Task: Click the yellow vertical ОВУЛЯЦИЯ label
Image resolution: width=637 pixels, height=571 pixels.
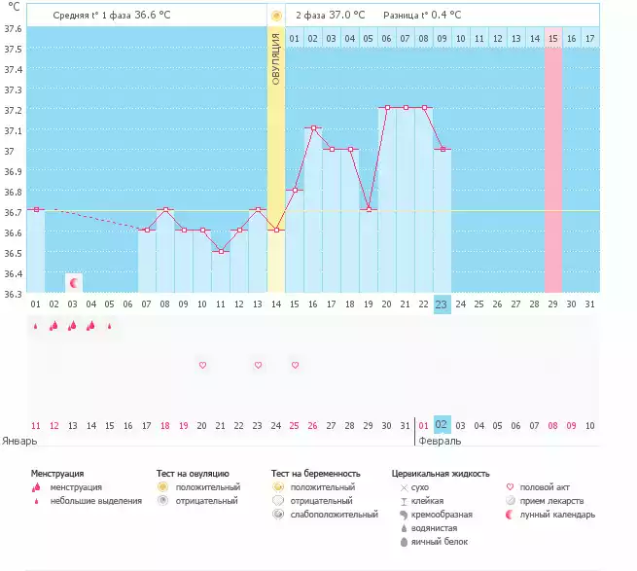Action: [276, 58]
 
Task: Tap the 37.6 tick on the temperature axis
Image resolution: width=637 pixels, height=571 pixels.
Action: [13, 27]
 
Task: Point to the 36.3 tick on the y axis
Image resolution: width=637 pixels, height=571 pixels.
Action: [13, 293]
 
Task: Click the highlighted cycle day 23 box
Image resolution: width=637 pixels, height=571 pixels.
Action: [442, 304]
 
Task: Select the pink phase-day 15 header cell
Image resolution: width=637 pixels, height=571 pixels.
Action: [552, 38]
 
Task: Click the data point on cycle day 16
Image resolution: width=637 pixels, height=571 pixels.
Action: [313, 127]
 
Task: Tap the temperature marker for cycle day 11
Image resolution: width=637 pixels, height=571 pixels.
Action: [221, 251]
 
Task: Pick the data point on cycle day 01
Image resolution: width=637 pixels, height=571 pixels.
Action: [36, 209]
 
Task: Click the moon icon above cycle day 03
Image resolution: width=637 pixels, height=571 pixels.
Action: [73, 282]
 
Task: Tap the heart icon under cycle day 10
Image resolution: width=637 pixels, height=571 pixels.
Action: [202, 365]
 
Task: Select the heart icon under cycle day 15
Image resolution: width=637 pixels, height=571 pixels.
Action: [295, 365]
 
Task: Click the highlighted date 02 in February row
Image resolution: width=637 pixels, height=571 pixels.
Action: [442, 425]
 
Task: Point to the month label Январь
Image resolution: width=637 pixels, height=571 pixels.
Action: [19, 441]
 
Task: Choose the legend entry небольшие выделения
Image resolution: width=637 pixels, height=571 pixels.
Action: [96, 501]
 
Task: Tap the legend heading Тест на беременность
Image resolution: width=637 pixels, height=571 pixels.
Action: [322, 473]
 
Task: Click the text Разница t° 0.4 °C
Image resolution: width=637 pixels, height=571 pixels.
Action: [422, 16]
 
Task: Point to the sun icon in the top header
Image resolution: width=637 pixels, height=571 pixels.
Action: [276, 16]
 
